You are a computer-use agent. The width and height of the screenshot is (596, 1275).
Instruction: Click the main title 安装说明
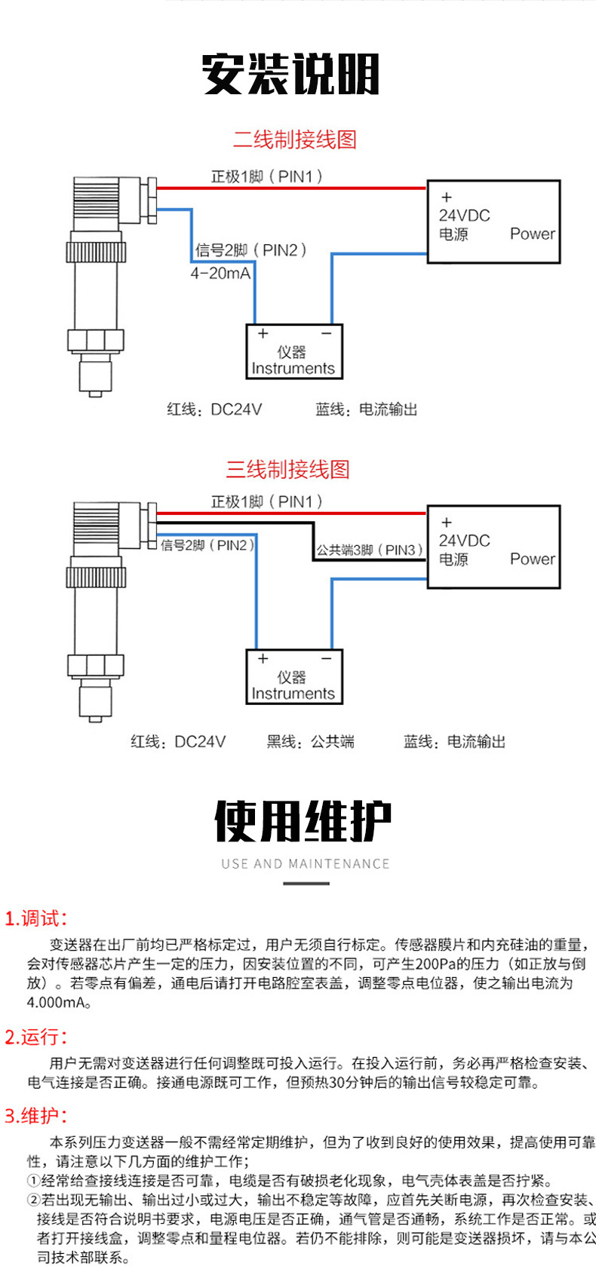[290, 74]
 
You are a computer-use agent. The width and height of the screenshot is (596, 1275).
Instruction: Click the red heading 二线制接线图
[294, 139]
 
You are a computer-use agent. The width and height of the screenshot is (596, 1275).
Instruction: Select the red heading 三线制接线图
[287, 470]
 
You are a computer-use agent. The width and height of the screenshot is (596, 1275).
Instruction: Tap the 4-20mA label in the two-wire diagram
[220, 274]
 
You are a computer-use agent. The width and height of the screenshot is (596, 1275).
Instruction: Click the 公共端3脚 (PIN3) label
[369, 550]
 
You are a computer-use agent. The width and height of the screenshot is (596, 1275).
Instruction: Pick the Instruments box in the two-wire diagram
[294, 351]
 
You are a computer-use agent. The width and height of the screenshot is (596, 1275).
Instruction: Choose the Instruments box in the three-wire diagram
[294, 676]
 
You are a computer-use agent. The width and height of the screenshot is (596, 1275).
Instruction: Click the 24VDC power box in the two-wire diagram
[493, 222]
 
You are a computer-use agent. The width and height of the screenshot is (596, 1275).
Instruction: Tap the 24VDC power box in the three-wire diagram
[493, 547]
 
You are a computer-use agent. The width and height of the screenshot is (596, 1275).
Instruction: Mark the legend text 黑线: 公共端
[310, 742]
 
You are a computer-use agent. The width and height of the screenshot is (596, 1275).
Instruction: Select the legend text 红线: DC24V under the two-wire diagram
[214, 409]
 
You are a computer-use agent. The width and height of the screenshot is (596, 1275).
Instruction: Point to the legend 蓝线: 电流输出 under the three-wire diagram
[454, 742]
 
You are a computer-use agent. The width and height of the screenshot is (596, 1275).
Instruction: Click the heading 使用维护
[303, 822]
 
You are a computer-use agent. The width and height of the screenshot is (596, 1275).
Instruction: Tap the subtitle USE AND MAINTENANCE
[306, 864]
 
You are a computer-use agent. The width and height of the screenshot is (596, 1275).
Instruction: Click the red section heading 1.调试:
[36, 918]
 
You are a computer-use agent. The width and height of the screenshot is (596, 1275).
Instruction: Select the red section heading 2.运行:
[36, 1037]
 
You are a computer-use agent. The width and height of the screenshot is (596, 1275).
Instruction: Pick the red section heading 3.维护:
[36, 1116]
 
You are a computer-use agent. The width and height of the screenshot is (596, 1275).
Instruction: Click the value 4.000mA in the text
[59, 1003]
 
